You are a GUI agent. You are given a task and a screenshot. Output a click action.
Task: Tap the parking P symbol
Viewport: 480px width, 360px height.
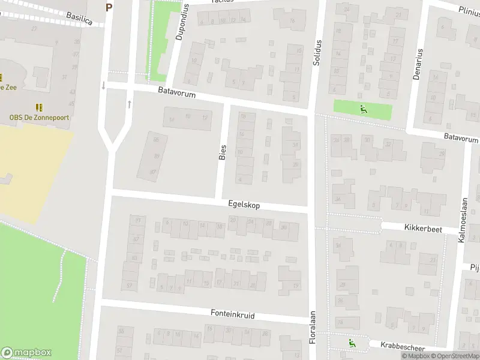click(x=109, y=7)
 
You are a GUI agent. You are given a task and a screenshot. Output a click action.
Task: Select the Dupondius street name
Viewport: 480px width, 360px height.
click(x=181, y=22)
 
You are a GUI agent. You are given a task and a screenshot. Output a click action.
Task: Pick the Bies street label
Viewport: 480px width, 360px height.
click(x=223, y=152)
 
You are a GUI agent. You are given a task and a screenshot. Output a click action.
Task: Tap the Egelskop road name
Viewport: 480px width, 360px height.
click(x=244, y=205)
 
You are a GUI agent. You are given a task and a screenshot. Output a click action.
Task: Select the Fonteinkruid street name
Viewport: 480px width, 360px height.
click(x=233, y=314)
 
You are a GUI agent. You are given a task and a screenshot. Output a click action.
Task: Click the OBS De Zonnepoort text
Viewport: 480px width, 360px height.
click(x=38, y=118)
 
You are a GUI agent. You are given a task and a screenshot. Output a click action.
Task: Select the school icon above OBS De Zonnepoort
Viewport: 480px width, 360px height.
click(x=39, y=107)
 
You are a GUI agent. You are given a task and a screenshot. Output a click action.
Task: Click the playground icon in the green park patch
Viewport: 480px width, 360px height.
click(x=362, y=109)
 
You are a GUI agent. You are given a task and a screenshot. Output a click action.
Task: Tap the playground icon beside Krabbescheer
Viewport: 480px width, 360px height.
click(x=352, y=344)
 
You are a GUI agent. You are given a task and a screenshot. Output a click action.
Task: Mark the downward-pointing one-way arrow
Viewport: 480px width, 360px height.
click(x=104, y=85)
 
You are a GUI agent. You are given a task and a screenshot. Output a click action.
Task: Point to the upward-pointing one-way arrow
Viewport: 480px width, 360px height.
click(x=129, y=104)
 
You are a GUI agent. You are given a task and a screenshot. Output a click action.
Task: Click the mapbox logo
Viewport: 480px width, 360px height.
click(x=26, y=352)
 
